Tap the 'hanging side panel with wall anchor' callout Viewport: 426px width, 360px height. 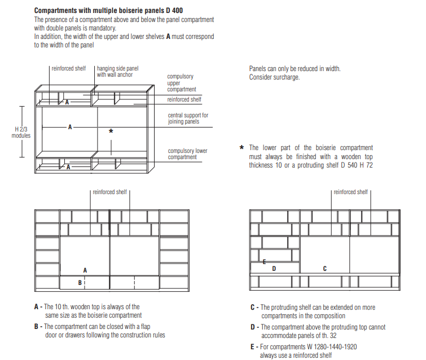pyautogui.click(x=117, y=71)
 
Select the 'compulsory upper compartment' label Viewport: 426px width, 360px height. pyautogui.click(x=181, y=83)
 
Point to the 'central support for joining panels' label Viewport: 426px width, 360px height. pyautogui.click(x=188, y=118)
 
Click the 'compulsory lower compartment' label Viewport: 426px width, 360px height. pyautogui.click(x=187, y=153)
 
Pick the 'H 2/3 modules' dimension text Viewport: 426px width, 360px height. pyautogui.click(x=21, y=133)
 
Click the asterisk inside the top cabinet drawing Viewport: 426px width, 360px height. pyautogui.click(x=111, y=131)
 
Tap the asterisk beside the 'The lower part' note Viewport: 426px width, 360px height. pyautogui.click(x=241, y=148)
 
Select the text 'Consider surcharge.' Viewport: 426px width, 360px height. pyautogui.click(x=274, y=77)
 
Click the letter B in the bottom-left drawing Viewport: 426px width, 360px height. pyautogui.click(x=80, y=282)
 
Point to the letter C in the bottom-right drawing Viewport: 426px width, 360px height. pyautogui.click(x=324, y=269)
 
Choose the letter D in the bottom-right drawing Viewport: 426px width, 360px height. pyautogui.click(x=274, y=269)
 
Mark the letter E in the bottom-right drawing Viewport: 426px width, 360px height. pyautogui.click(x=264, y=261)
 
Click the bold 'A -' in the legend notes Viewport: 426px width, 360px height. pyautogui.click(x=38, y=308)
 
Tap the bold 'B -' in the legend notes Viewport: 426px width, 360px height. pyautogui.click(x=38, y=327)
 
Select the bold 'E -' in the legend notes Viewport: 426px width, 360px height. pyautogui.click(x=254, y=346)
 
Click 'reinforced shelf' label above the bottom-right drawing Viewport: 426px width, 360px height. pyautogui.click(x=350, y=192)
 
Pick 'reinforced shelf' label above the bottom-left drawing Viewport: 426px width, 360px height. pyautogui.click(x=110, y=192)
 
